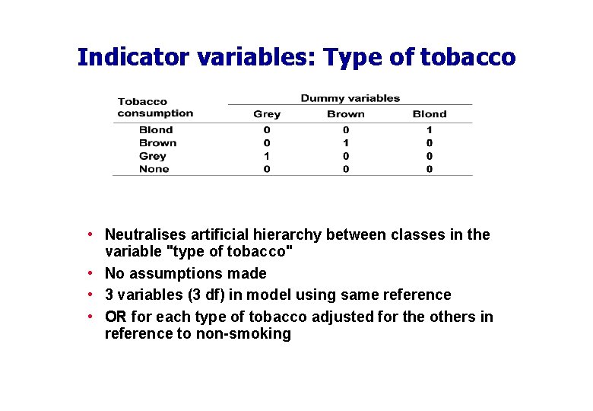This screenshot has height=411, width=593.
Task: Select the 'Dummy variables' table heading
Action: (x=350, y=98)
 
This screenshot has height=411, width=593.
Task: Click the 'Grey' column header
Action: (x=267, y=114)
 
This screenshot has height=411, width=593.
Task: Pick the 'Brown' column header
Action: (x=346, y=114)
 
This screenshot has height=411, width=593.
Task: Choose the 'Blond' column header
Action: (x=430, y=114)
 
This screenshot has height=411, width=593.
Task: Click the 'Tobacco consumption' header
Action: (x=155, y=107)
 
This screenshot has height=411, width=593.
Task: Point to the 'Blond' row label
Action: (x=156, y=130)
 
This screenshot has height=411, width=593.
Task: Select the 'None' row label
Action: (x=154, y=169)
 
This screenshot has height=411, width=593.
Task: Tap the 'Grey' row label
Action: (x=153, y=156)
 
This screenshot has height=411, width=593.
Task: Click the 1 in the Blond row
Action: (x=430, y=130)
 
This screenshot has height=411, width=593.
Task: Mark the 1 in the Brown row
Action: (x=346, y=143)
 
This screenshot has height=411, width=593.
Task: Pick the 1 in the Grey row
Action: (x=267, y=156)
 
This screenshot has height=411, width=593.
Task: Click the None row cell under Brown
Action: (x=346, y=169)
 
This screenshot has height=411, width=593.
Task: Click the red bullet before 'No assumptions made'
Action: (x=90, y=273)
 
